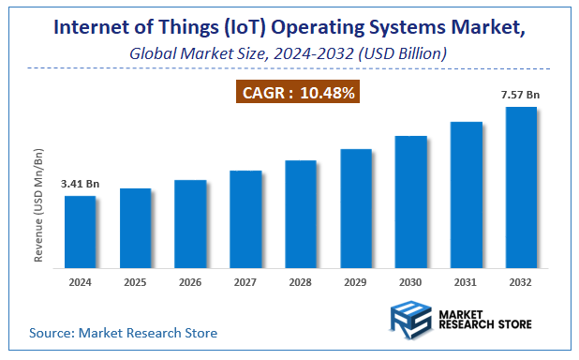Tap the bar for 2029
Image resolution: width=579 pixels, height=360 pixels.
(x=355, y=206)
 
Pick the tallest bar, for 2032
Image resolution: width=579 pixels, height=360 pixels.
(x=521, y=185)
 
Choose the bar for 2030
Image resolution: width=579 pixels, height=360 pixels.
(x=410, y=199)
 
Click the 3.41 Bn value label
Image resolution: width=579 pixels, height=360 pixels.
(x=80, y=183)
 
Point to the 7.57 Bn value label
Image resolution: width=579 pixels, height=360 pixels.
(x=521, y=94)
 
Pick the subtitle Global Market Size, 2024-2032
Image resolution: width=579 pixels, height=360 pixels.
(x=289, y=54)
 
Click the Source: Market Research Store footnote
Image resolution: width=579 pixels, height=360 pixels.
(x=123, y=332)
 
